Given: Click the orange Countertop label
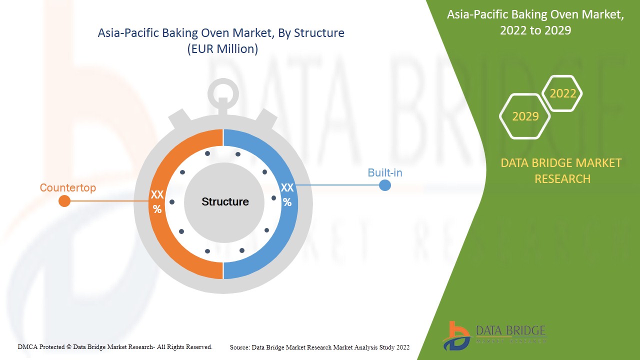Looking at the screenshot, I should (x=67, y=188).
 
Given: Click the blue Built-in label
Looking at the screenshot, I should (x=384, y=172).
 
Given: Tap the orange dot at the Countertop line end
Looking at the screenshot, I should (x=64, y=201).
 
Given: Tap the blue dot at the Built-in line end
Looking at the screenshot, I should (x=384, y=185).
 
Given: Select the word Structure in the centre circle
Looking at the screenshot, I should (x=225, y=201).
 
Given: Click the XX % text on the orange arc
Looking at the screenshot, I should (x=157, y=202).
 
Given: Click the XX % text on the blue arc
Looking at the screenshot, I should (x=287, y=195).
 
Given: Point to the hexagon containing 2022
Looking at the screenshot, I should (x=562, y=93).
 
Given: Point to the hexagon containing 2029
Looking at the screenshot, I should (x=525, y=116).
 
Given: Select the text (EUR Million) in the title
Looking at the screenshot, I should (x=222, y=49).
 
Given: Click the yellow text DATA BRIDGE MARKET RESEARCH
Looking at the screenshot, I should (x=562, y=170).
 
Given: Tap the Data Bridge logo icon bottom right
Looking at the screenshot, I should (x=456, y=335).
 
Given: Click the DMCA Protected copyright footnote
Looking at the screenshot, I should (x=115, y=346).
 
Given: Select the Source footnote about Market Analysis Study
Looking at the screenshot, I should (x=319, y=347).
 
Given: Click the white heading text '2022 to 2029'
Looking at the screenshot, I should (x=535, y=30).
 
